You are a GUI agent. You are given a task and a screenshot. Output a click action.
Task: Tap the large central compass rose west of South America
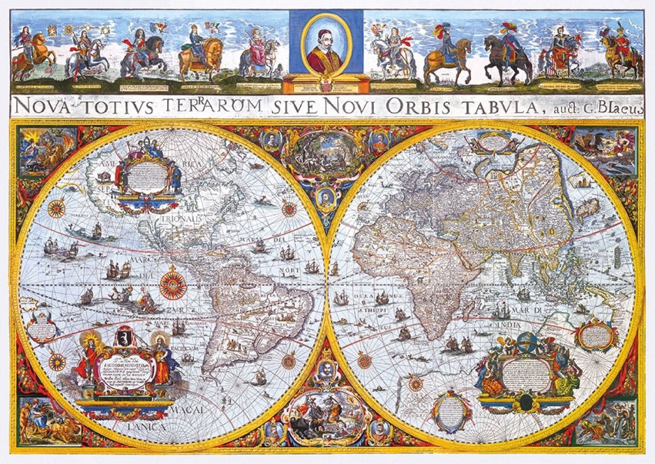coord(173,286)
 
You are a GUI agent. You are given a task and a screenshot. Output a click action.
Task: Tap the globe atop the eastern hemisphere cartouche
coord(529,341)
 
